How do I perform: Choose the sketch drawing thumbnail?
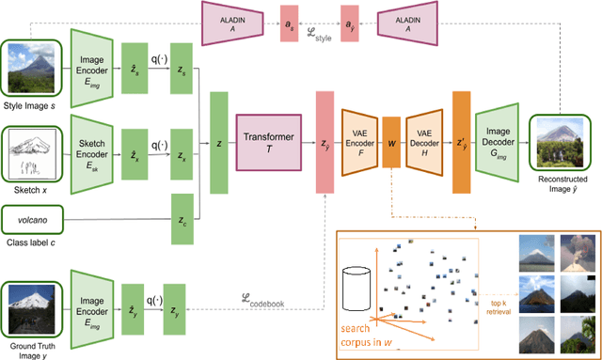coord(31,149)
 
